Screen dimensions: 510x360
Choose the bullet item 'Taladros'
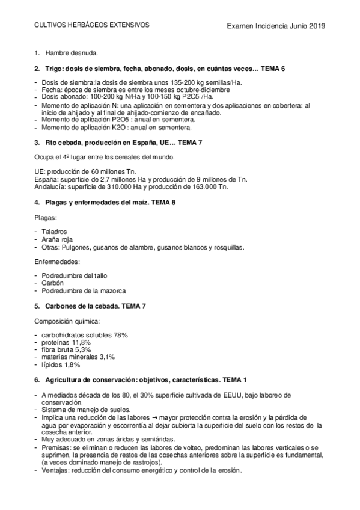(54, 231)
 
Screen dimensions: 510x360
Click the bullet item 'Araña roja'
(57, 239)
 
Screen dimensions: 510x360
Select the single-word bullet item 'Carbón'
(52, 283)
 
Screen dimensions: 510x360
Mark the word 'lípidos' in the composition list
(52, 364)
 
